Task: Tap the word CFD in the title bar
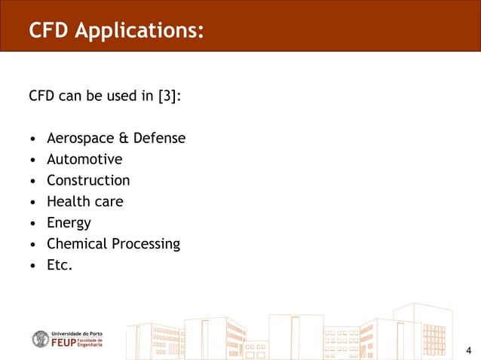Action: pos(47,31)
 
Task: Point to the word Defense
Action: pos(159,139)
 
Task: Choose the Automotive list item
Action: pos(84,160)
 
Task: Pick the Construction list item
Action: pos(88,181)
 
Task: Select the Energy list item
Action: pos(69,223)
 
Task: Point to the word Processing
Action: pos(146,244)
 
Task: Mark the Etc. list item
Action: pos(60,265)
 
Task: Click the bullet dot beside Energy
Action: pos(32,224)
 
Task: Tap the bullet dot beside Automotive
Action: pos(32,160)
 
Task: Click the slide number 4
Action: pos(468,349)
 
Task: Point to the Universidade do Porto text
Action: pos(76,332)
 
